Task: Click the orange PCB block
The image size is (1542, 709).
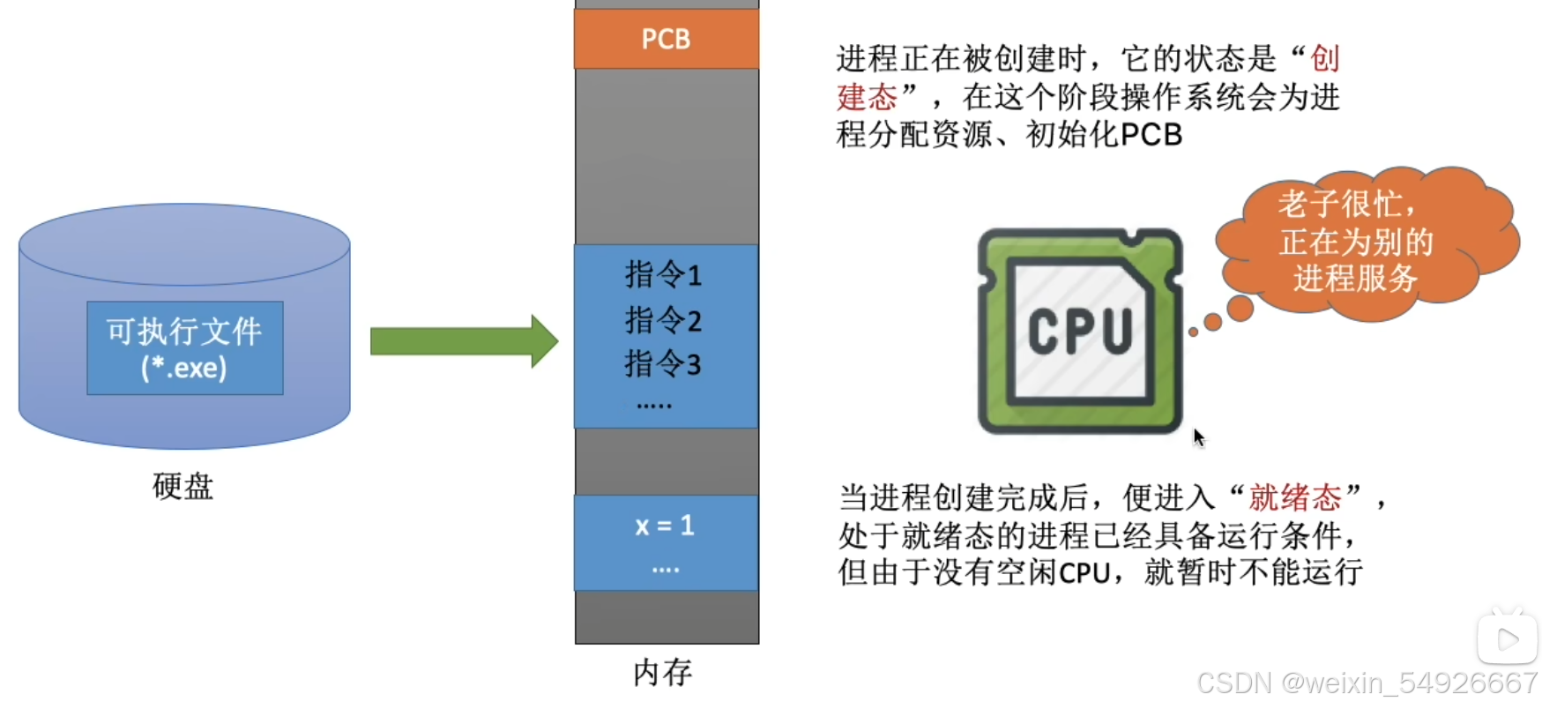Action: click(666, 39)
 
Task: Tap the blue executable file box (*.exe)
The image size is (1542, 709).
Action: click(184, 348)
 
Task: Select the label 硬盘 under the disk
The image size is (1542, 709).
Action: click(183, 486)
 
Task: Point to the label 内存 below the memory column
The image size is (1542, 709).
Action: click(663, 673)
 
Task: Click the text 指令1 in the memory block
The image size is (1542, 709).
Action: click(663, 275)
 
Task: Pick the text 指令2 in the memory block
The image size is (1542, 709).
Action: click(663, 320)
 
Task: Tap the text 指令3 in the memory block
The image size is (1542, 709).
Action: click(663, 364)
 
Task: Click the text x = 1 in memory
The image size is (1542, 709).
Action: click(665, 526)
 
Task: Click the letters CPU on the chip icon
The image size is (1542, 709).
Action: click(1080, 332)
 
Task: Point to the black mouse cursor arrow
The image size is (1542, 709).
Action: click(1198, 437)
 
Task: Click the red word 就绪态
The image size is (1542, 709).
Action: click(1294, 498)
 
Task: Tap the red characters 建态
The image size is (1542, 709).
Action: click(867, 97)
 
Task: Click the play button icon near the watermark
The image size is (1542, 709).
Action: click(1507, 638)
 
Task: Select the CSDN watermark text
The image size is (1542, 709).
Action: click(1367, 683)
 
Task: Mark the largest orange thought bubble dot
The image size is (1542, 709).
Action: click(1240, 308)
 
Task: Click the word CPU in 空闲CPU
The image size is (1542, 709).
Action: click(1084, 573)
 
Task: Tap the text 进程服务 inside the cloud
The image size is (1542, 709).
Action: click(1355, 279)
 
